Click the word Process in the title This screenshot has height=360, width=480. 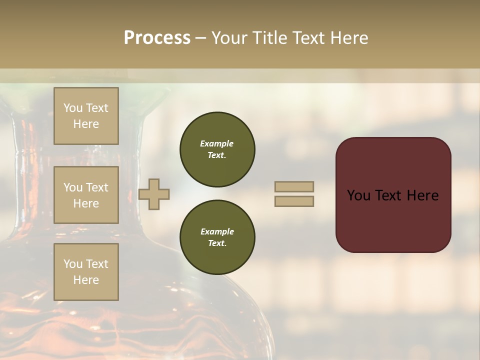coord(157,38)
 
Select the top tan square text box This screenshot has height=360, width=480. coord(86,116)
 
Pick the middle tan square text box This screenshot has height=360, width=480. coord(86,195)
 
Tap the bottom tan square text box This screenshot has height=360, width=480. coord(86,272)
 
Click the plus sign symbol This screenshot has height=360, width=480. coord(154,194)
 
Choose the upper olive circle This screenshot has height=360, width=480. coord(217,149)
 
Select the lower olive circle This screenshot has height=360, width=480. coord(217,237)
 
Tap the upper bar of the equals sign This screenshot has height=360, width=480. coord(294,186)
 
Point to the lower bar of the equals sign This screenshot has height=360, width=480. coord(294,201)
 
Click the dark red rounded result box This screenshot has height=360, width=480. coord(393,195)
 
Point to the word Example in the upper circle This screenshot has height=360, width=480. coord(217,143)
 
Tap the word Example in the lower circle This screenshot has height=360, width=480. coord(217,231)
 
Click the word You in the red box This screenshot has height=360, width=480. coord(358,195)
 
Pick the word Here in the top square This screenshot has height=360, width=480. coord(86,124)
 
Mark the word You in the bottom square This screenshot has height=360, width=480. coord(72,264)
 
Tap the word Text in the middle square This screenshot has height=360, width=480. coord(96,187)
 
